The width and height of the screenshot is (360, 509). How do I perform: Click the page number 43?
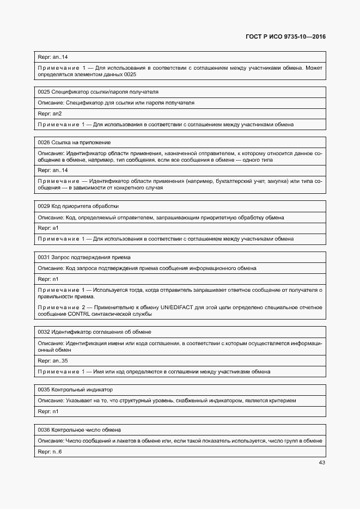coord(321,463)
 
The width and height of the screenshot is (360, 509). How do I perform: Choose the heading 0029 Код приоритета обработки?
coord(78,206)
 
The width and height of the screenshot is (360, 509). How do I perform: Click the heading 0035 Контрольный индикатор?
coord(75,390)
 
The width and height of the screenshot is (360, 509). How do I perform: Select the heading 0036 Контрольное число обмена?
coord(79,430)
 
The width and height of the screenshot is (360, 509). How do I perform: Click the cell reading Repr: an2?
coord(50,113)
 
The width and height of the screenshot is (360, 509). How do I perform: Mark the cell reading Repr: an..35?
coord(53,360)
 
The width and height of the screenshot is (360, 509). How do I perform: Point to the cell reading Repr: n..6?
coord(50,451)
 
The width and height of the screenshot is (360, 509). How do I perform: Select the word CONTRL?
coord(81,314)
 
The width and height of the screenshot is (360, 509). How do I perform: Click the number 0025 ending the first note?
coord(130,74)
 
